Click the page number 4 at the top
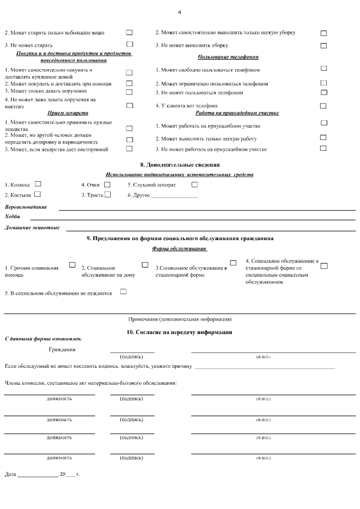click(x=179, y=12)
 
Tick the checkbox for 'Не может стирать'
click(x=130, y=44)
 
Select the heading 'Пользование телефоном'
click(x=228, y=57)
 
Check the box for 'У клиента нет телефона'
click(x=323, y=105)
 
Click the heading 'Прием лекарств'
click(x=68, y=113)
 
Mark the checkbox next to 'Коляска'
click(x=38, y=183)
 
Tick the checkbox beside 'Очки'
click(x=107, y=184)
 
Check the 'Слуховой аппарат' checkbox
click(x=195, y=184)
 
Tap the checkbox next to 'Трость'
click(x=107, y=194)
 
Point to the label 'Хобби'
click(x=12, y=217)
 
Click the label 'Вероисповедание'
click(x=26, y=206)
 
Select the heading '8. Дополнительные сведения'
click(x=179, y=165)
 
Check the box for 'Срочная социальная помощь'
click(x=72, y=264)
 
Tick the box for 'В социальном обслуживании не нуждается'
click(x=123, y=291)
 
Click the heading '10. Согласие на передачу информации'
click(x=179, y=332)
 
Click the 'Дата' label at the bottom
click(x=10, y=474)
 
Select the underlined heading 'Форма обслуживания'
click(x=179, y=249)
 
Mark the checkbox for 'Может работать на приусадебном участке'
click(x=323, y=123)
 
